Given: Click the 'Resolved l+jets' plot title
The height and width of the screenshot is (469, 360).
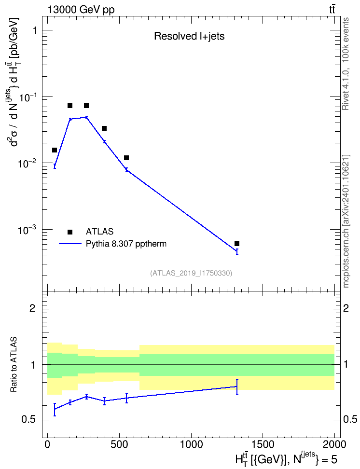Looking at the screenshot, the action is (189, 36).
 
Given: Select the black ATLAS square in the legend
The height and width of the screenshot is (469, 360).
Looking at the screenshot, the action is (70, 232).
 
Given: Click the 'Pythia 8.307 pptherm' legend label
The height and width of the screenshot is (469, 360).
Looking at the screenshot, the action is (126, 244).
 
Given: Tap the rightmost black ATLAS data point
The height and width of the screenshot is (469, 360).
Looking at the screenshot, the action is (237, 244).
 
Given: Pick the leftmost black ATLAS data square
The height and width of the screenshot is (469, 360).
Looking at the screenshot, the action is (55, 150).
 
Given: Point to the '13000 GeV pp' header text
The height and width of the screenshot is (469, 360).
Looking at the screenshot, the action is (81, 10).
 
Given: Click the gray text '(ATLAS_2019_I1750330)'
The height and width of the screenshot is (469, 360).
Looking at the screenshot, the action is (191, 273).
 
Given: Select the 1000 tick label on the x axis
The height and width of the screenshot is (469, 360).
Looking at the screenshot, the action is (191, 444).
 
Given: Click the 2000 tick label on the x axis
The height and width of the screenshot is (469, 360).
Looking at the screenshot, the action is (334, 444).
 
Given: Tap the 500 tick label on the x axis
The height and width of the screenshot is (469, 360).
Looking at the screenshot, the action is (119, 444).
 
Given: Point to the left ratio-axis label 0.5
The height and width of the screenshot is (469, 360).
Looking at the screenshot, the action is (28, 420).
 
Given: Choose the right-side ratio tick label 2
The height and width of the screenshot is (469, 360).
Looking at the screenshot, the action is (346, 308).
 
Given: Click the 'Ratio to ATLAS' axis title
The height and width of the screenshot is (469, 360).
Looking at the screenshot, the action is (14, 364).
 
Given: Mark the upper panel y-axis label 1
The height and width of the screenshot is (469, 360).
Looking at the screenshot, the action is (34, 30).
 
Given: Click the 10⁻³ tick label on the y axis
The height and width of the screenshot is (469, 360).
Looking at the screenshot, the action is (28, 230).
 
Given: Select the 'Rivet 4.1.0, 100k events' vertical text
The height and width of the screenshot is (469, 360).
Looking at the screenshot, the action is (346, 64).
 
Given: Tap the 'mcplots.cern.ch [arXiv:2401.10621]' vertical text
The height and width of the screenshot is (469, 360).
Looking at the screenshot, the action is (346, 221).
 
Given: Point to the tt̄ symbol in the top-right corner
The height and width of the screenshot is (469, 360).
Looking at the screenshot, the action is (332, 10).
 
